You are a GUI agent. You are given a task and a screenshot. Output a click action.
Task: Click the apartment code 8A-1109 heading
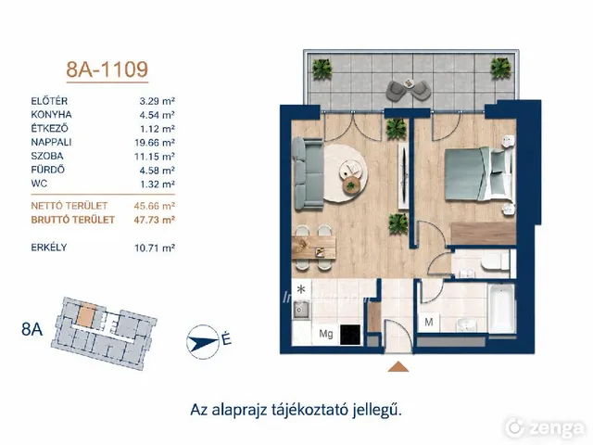107,70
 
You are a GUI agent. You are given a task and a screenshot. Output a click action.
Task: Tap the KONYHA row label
52,115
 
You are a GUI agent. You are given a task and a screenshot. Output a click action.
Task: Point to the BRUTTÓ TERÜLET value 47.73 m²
155,220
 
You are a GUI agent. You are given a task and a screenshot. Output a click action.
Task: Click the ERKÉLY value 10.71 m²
155,248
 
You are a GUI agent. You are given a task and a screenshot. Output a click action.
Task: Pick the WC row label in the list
39,184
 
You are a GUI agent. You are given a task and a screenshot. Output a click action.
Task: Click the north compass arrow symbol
203,342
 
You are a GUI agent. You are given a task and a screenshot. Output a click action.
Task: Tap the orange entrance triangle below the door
397,366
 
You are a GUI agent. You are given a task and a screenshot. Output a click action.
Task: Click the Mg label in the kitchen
326,334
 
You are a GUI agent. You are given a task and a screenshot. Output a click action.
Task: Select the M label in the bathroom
428,322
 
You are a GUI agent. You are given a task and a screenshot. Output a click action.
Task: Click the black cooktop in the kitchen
350,335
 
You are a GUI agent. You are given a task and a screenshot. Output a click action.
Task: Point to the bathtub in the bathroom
501,309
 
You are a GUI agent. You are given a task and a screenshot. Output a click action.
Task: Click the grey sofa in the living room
307,173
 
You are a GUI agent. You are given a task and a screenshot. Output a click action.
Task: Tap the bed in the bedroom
479,173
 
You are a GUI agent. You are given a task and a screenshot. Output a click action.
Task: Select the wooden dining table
314,248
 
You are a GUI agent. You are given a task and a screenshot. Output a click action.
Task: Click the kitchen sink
301,311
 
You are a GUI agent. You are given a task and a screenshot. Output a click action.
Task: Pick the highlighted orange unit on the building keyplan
86,314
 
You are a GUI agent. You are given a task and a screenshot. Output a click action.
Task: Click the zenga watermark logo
546,428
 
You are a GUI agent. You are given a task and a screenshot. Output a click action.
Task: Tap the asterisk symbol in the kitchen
301,290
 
